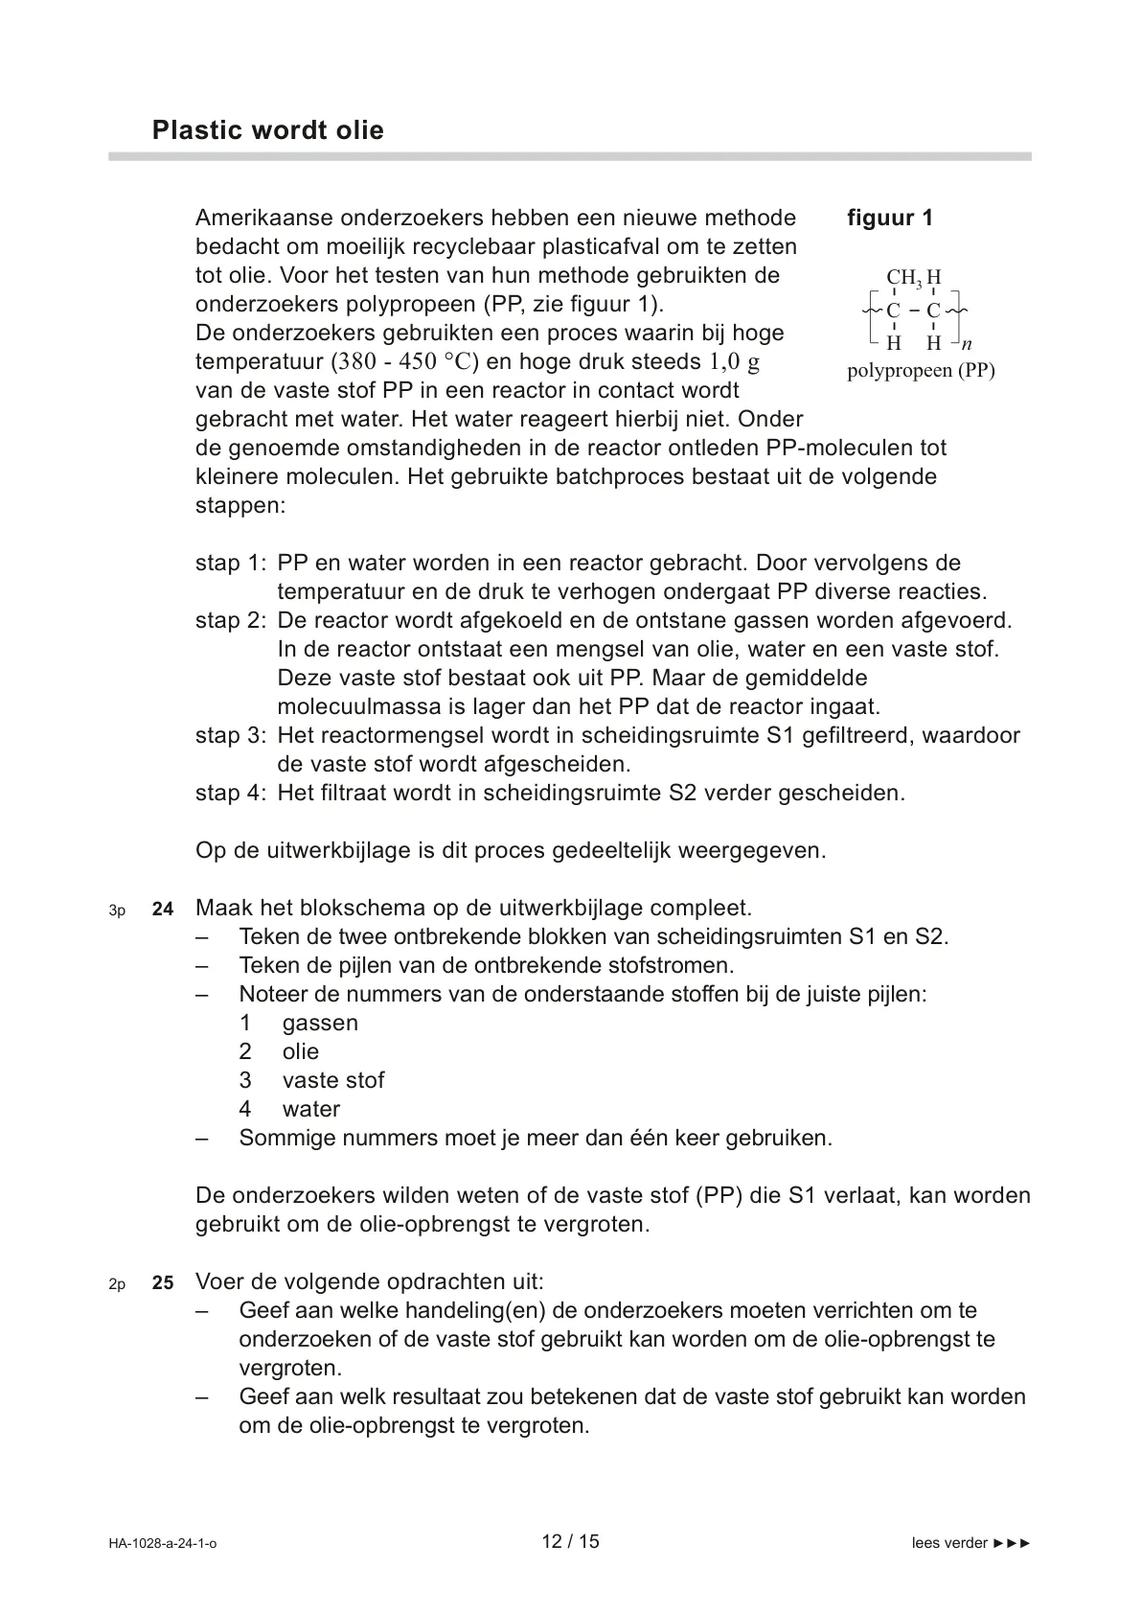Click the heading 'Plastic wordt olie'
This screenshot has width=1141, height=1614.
[267, 130]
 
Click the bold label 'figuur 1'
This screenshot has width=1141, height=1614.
[889, 219]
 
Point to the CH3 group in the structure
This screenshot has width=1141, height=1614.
[903, 279]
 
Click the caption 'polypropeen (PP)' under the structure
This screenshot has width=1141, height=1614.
[921, 371]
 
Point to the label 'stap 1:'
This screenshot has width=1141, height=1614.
[230, 564]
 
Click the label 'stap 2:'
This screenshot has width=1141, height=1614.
[230, 621]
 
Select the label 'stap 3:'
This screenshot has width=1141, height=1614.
[230, 736]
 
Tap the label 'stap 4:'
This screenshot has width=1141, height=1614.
[230, 794]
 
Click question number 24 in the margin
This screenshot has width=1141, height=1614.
[163, 910]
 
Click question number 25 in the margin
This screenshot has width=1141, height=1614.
[163, 1283]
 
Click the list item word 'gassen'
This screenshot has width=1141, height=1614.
[320, 1024]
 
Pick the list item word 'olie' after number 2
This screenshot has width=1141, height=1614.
[300, 1052]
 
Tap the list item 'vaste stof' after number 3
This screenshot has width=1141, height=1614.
[332, 1081]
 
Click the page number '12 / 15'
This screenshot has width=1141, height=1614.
[570, 1542]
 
